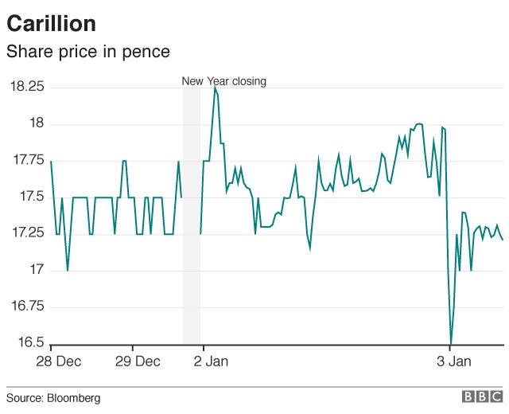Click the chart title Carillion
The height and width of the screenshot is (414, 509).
pos(51,24)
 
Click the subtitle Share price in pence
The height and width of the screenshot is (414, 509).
pos(87,53)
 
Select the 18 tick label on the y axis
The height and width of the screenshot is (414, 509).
pos(37,123)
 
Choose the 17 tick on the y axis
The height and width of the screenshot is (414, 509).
pos(37,271)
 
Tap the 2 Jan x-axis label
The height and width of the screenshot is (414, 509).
pos(210,362)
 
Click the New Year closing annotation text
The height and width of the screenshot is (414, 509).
pos(223,80)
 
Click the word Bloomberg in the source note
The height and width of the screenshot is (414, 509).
pos(74,397)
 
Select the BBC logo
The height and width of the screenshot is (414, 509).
pos(482,396)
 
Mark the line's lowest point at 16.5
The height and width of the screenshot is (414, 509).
pos(451,343)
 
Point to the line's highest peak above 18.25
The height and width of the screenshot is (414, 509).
pos(214,88)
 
